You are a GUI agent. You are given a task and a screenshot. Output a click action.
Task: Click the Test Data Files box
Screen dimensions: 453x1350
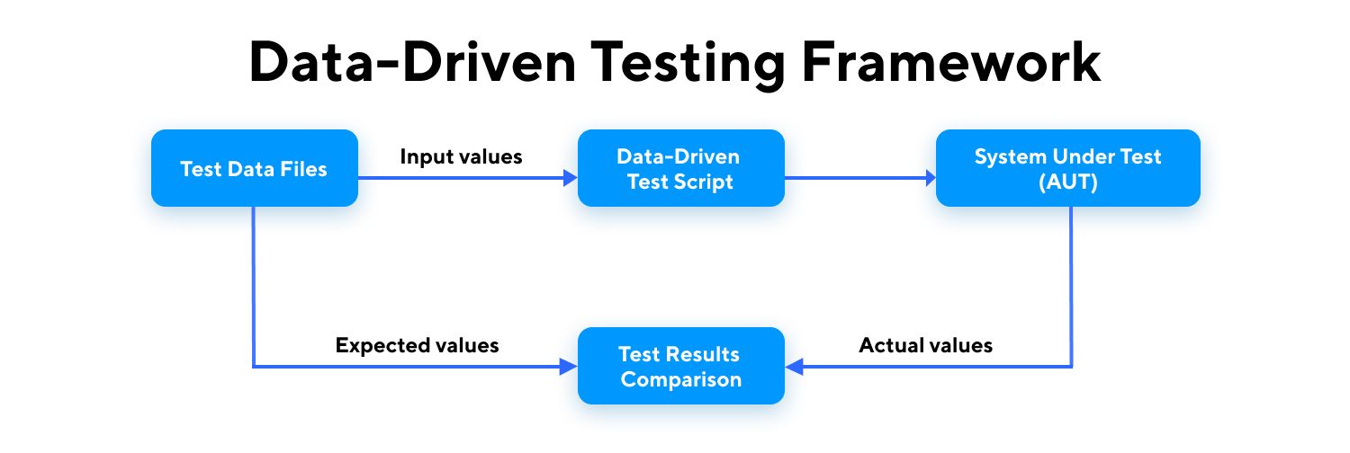255,169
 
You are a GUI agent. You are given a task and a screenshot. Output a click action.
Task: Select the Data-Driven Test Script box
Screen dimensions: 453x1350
680,169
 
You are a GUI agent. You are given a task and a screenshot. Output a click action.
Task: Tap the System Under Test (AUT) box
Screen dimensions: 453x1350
1067,169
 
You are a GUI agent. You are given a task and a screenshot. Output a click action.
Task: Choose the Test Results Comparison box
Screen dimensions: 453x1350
680,366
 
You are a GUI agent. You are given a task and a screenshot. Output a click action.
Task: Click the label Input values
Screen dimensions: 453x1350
461,156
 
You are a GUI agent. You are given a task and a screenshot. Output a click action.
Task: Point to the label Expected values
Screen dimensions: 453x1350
417,345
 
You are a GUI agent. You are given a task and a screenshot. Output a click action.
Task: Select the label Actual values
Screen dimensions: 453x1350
925,345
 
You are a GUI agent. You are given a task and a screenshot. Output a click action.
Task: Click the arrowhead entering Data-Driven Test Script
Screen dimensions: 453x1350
571,179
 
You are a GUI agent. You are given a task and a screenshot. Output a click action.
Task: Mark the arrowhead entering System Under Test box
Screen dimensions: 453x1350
929,179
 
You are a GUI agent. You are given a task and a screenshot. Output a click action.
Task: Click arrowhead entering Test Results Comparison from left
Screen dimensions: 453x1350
571,367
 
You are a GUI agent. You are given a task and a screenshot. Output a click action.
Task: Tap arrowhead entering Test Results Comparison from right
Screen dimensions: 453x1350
792,367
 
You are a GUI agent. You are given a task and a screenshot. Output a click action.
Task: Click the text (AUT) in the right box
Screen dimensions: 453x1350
1067,181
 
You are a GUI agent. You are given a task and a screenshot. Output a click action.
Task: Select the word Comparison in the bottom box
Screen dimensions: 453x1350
680,379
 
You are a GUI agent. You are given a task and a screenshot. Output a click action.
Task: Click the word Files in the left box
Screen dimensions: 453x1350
304,169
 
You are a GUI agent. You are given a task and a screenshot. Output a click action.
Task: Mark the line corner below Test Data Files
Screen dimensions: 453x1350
255,367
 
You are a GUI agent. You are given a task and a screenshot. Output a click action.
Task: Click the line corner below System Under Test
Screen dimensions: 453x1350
1071,367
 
